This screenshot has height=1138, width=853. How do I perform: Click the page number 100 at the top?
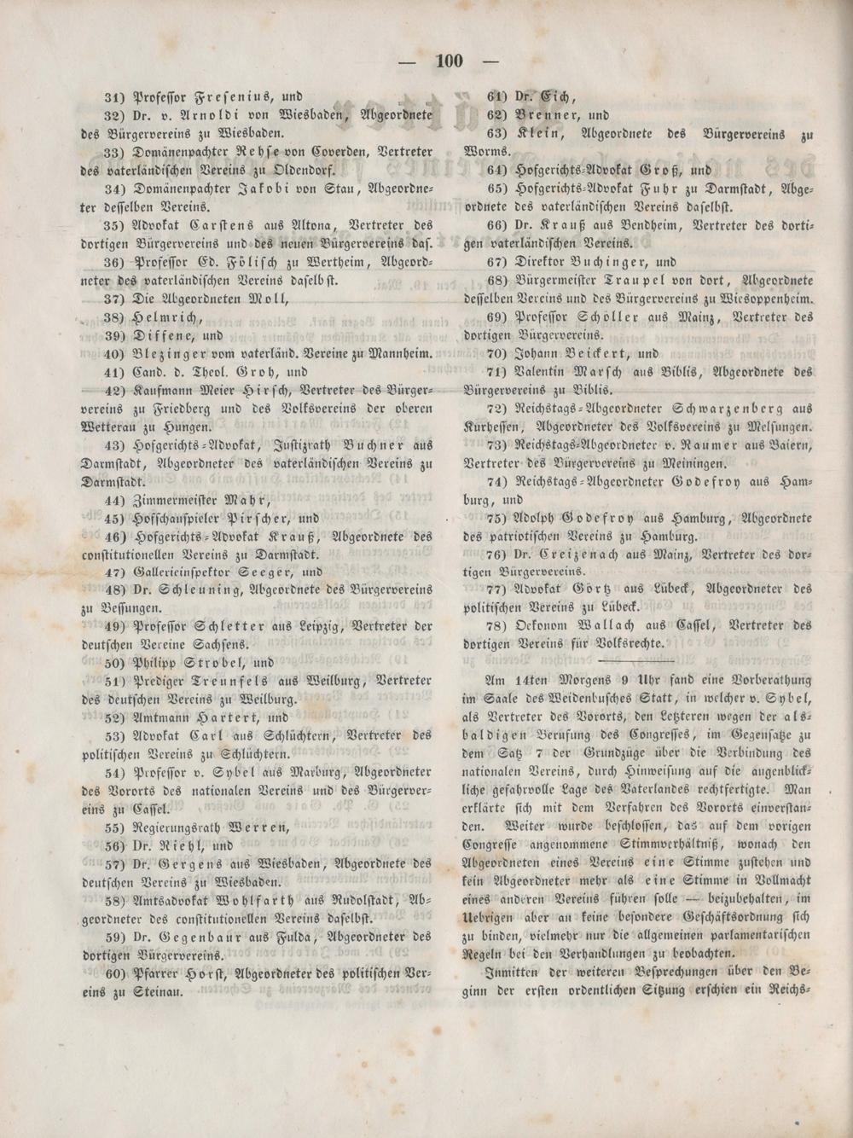pyautogui.click(x=449, y=61)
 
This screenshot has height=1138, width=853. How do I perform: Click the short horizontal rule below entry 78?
pyautogui.click(x=637, y=661)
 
